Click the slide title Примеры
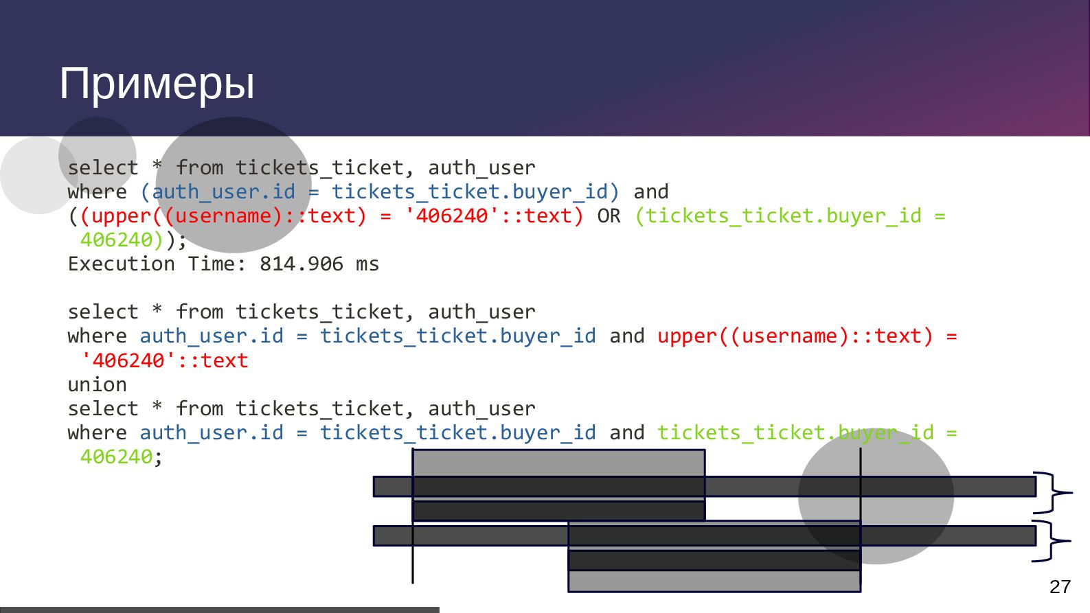point(157,84)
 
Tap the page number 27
point(1060,587)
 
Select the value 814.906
point(301,264)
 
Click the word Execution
point(121,264)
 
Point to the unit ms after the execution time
point(367,264)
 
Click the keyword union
point(97,384)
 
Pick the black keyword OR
point(609,216)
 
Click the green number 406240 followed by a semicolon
point(116,457)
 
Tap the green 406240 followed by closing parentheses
point(116,240)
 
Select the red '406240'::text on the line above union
point(164,360)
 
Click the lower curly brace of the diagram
point(1051,541)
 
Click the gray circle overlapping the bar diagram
point(876,496)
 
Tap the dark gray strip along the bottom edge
point(219,610)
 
